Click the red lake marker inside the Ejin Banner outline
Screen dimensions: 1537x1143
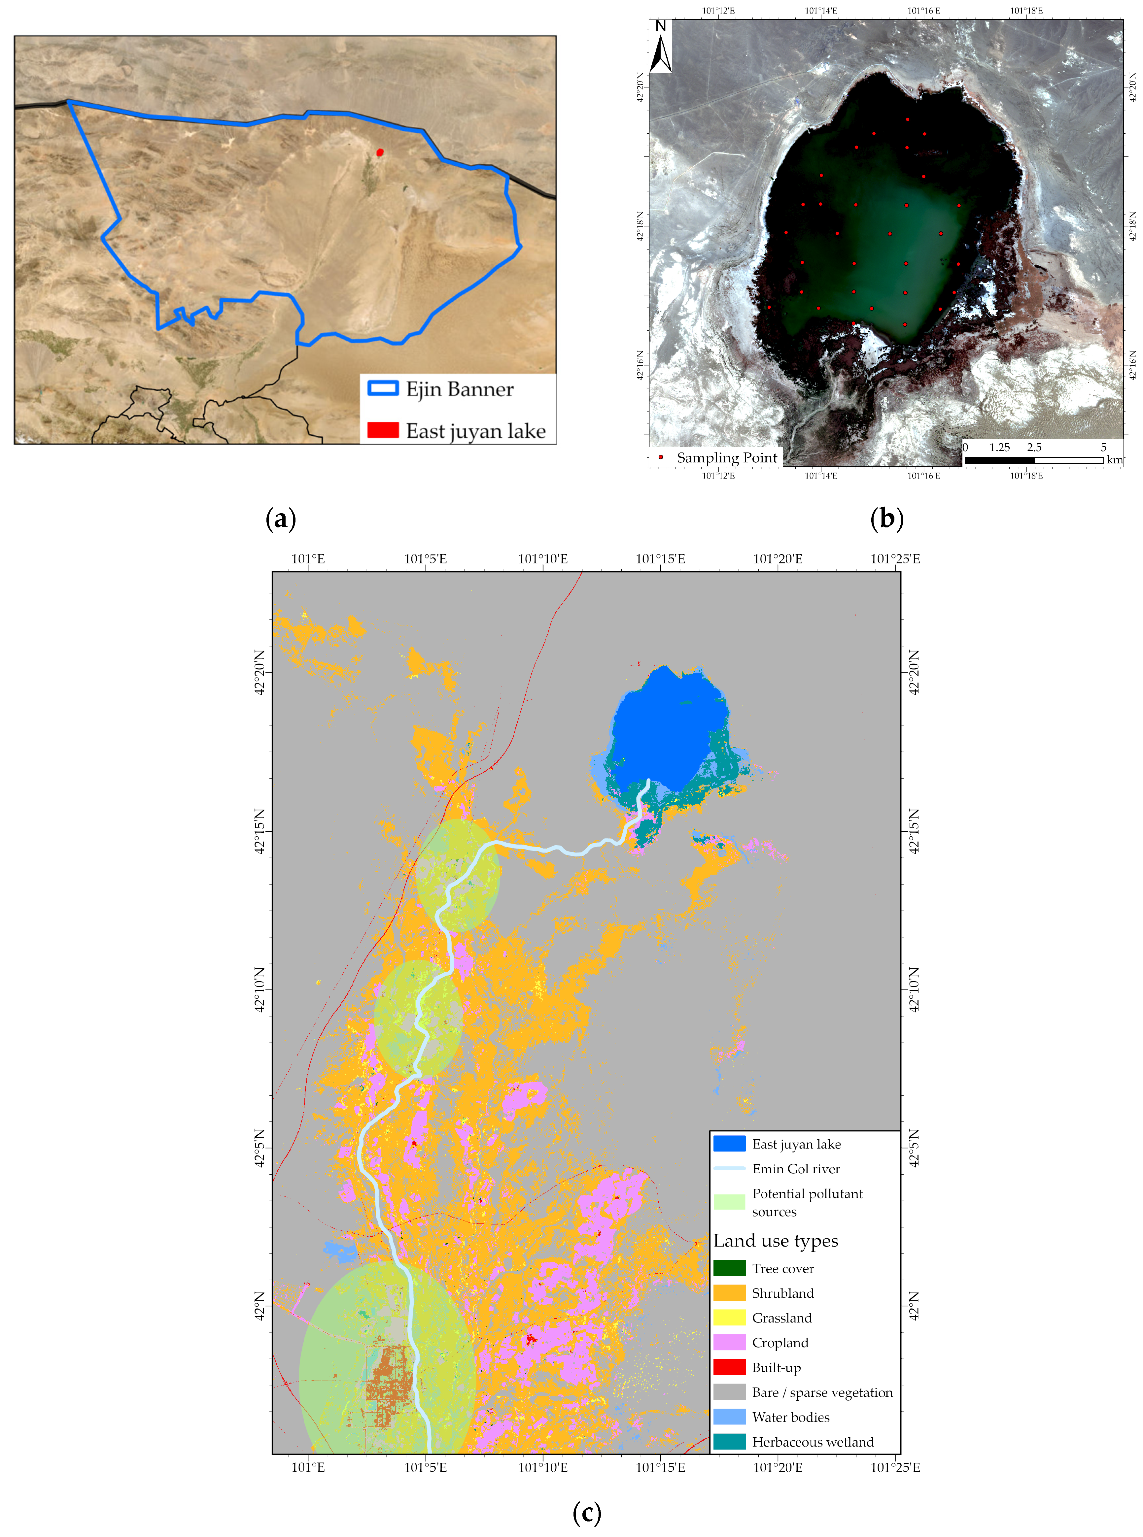point(379,152)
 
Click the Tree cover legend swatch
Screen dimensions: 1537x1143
point(729,1268)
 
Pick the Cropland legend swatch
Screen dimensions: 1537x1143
point(729,1343)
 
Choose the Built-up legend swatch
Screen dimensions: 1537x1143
point(729,1368)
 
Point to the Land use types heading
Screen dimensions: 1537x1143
point(776,1241)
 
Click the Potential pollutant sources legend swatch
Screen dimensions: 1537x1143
point(729,1202)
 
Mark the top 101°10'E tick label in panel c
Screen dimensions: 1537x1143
point(543,559)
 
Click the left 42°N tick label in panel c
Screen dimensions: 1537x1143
point(260,1307)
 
